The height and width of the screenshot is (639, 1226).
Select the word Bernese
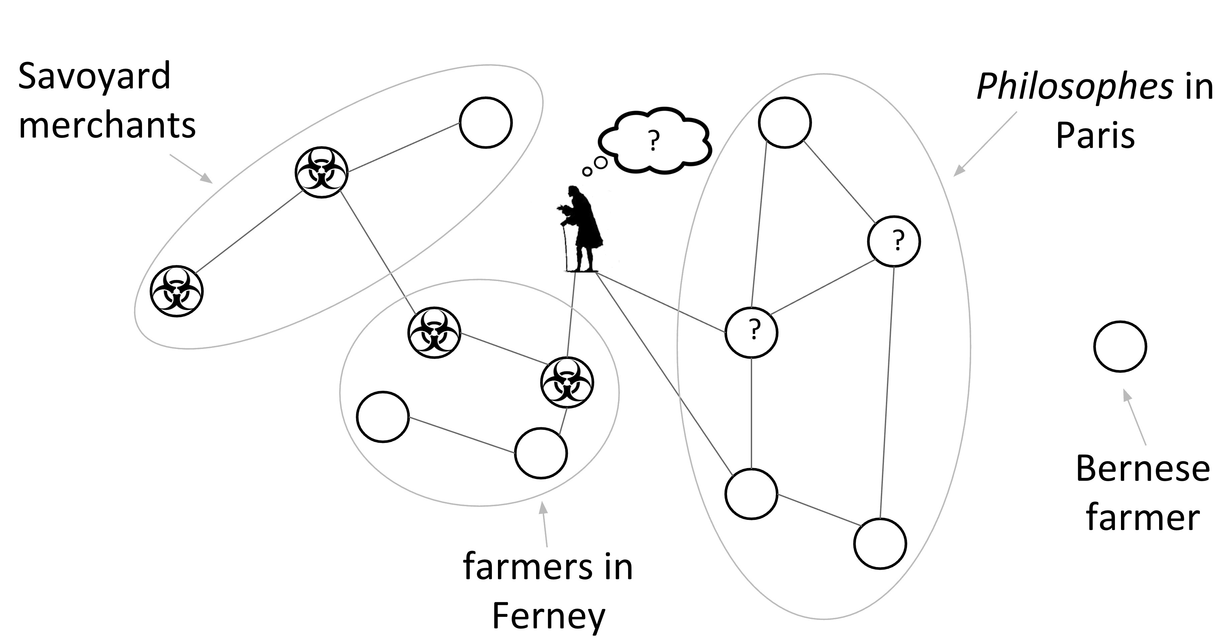(x=1143, y=469)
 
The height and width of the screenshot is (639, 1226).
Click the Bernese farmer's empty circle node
(x=1120, y=346)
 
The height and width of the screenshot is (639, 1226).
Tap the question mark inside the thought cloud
(x=654, y=141)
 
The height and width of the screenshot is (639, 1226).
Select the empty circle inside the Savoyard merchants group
(x=486, y=122)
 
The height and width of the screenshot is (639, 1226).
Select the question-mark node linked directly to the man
(x=751, y=332)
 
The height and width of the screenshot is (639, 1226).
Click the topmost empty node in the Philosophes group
(x=784, y=122)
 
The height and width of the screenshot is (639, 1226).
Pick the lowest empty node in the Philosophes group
(x=880, y=543)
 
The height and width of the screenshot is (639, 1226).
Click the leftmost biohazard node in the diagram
(x=177, y=291)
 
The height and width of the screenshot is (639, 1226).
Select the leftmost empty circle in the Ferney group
(x=383, y=417)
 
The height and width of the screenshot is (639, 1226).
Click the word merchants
(x=107, y=126)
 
